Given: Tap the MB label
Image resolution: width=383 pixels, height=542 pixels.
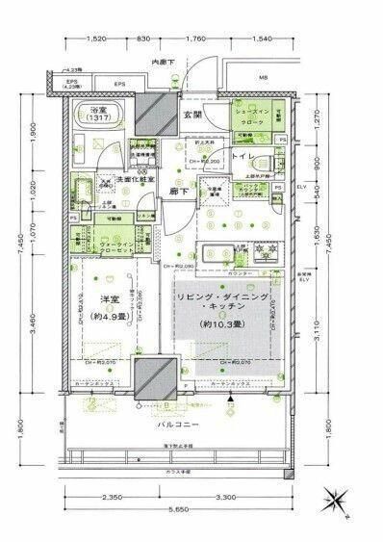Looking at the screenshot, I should pyautogui.click(x=263, y=80).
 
